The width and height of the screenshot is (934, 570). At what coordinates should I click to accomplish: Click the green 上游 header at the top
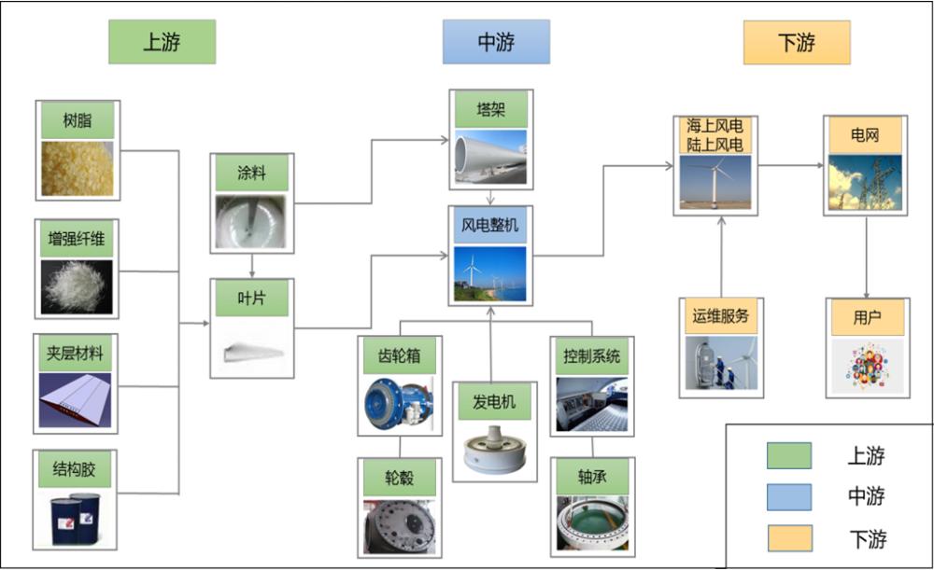point(162,42)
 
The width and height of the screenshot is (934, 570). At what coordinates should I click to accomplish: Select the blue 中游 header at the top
point(496,42)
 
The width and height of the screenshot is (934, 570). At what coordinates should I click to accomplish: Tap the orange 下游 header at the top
point(797,42)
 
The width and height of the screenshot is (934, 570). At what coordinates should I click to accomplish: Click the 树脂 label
point(77,120)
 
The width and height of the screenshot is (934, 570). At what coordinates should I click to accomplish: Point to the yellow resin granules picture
point(77,168)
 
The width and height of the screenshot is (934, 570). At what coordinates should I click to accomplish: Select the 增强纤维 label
point(77,239)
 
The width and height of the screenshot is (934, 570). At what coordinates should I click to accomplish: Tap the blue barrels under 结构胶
point(77,519)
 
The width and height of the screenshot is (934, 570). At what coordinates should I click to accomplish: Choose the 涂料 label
point(252,174)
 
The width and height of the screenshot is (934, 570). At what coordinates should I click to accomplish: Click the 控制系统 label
point(591,355)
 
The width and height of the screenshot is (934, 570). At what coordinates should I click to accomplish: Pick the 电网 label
point(864,134)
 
